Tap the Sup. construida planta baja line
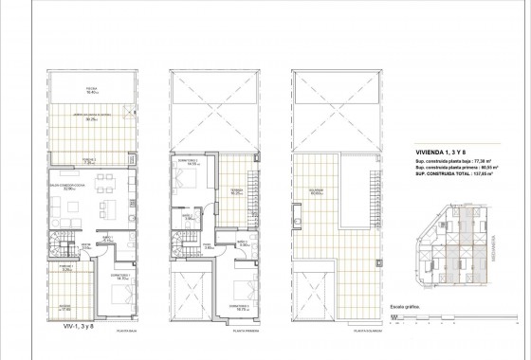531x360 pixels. click(x=456, y=162)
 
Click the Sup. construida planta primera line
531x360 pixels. click(x=457, y=169)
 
